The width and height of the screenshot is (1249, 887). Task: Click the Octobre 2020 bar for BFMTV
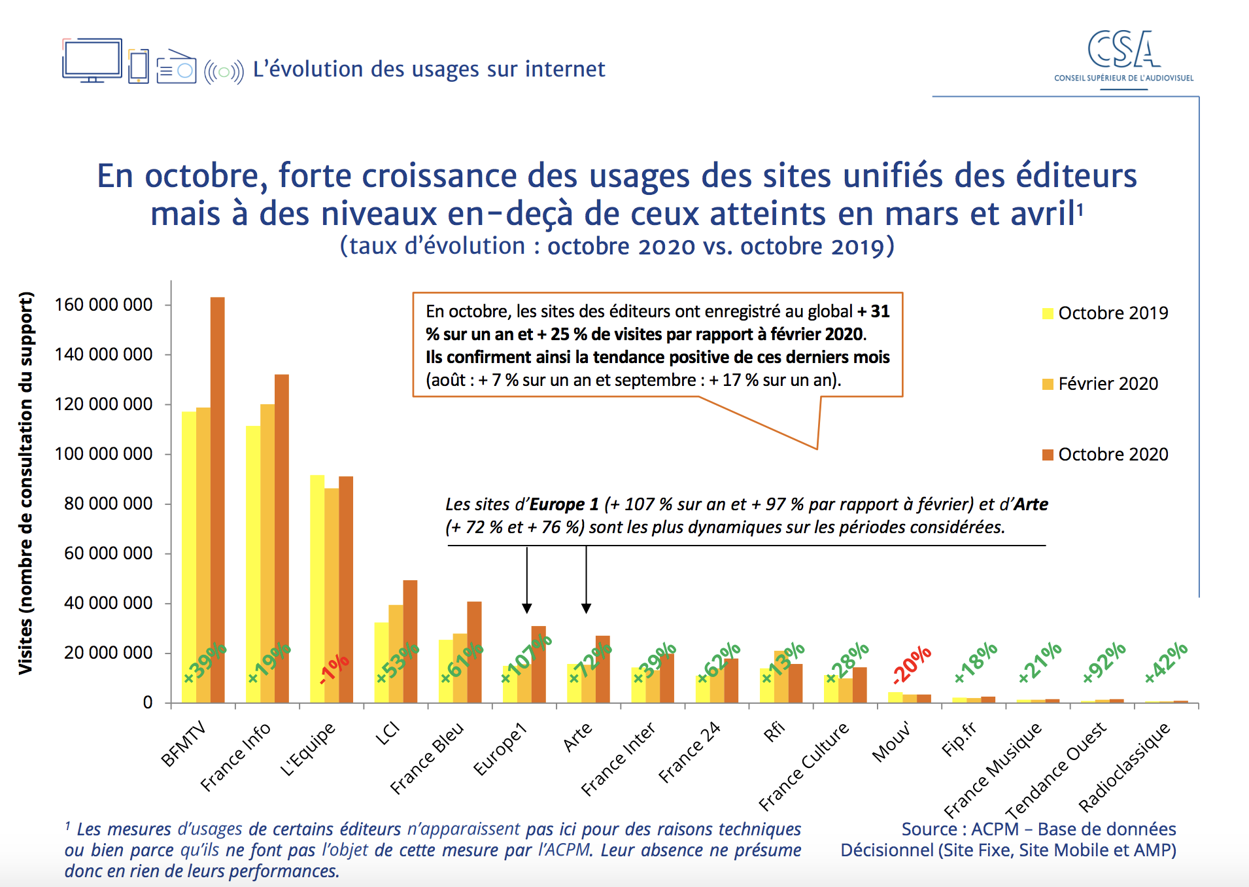point(217,497)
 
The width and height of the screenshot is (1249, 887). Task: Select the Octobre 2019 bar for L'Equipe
point(317,589)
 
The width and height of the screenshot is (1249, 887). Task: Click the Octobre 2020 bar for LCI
point(410,641)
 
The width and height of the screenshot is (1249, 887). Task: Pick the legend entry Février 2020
point(1101,384)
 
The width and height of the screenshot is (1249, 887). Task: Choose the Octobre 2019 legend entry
point(1105,313)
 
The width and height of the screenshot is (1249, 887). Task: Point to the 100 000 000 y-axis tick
point(103,454)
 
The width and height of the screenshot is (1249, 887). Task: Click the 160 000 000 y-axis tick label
point(103,305)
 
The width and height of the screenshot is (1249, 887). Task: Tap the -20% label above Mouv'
point(912,664)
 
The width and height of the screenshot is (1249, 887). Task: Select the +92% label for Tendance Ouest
point(1104,662)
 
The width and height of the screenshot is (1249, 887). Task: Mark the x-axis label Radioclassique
point(1123,767)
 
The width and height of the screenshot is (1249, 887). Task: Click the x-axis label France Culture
point(804,766)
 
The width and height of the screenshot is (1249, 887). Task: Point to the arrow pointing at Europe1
point(527,580)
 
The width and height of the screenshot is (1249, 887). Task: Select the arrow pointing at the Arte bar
point(586,580)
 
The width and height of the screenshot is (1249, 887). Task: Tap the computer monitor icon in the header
point(92,60)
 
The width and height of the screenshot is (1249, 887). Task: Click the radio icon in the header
point(176,67)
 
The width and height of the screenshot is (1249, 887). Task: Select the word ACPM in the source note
point(995,829)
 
